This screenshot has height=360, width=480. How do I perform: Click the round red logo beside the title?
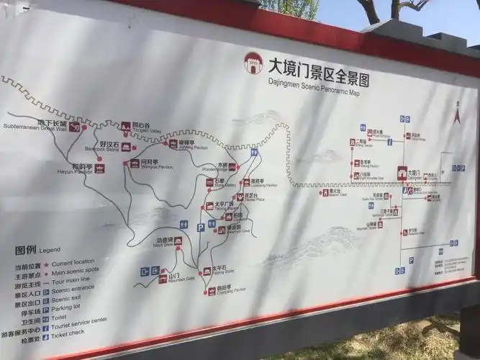[254, 62]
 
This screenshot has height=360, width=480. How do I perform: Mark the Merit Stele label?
[163, 243]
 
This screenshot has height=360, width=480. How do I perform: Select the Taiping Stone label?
[223, 271]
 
